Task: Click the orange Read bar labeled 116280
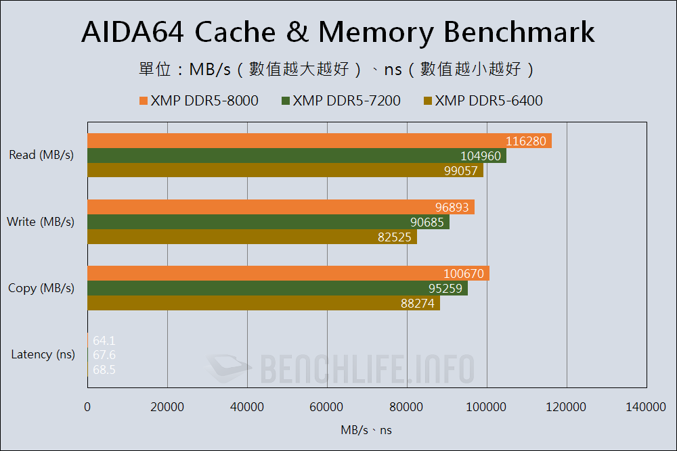tap(319, 141)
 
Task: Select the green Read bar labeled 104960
tap(297, 156)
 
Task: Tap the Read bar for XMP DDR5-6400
tap(285, 170)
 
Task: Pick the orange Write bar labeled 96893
tap(280, 207)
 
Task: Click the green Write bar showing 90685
tap(268, 222)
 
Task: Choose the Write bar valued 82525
tap(252, 237)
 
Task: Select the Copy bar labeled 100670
tap(288, 273)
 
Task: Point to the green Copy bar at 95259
tap(277, 288)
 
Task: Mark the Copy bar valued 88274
tap(263, 303)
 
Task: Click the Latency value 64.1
tap(104, 341)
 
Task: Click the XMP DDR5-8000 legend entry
tap(198, 101)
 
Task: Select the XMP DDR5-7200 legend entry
tap(341, 101)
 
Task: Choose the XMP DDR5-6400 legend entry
tap(483, 101)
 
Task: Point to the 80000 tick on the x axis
tap(407, 406)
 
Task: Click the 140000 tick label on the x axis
tap(646, 406)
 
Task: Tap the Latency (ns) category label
tap(43, 354)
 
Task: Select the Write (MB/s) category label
tap(40, 222)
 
